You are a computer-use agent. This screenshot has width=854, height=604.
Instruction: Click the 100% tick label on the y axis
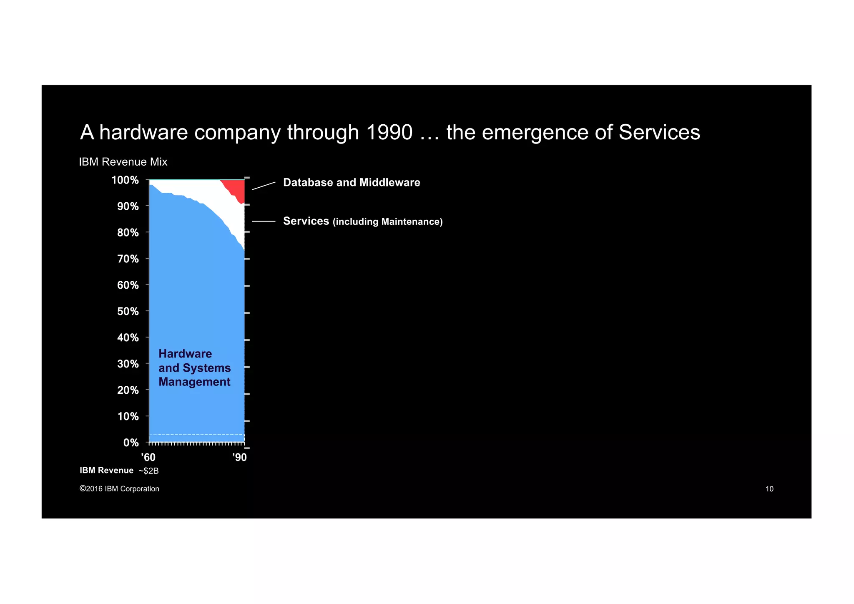[125, 180]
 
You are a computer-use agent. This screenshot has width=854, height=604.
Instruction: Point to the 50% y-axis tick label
[128, 312]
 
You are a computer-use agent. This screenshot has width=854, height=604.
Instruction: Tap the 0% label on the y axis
[131, 443]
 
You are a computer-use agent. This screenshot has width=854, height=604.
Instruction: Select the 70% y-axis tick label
[128, 259]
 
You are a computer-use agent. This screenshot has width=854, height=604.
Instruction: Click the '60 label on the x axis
[148, 458]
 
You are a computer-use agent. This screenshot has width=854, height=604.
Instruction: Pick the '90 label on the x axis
[239, 458]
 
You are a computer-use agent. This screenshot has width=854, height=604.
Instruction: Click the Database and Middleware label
[352, 183]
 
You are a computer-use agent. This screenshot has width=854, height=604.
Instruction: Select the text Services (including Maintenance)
[362, 221]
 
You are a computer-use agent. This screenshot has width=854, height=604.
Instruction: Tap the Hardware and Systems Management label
[194, 368]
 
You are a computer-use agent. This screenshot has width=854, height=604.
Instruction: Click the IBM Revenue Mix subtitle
[123, 162]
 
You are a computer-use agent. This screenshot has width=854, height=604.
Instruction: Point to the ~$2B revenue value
[148, 471]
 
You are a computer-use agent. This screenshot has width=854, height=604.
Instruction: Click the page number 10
[769, 489]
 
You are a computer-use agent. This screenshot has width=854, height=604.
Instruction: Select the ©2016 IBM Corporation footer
[119, 489]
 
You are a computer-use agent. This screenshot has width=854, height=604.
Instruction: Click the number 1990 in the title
[389, 132]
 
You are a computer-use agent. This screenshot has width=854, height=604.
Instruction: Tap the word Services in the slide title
[659, 132]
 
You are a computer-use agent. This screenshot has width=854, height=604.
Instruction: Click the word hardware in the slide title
[143, 132]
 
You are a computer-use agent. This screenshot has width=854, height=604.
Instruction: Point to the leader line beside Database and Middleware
[264, 186]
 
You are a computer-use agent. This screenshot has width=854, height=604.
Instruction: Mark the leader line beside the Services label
[264, 221]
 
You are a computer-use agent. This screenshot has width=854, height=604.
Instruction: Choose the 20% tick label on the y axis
[128, 390]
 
